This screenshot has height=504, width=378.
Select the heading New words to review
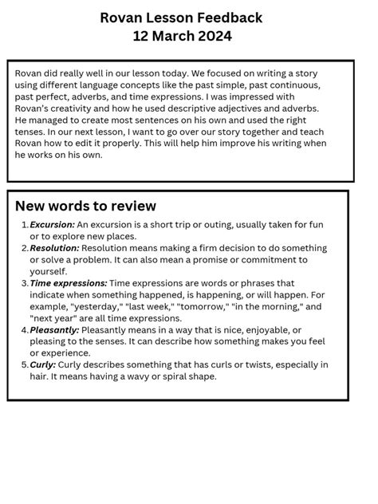coord(85,206)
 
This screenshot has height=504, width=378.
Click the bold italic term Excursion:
coord(53,225)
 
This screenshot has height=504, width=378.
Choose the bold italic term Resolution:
coord(55,248)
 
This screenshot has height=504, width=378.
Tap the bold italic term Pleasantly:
coord(55,329)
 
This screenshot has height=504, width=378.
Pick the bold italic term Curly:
coord(43,364)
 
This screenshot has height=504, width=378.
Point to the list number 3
coord(25,283)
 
